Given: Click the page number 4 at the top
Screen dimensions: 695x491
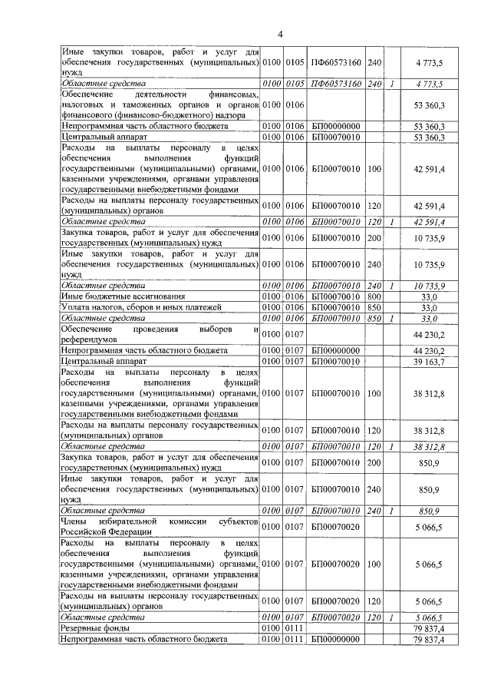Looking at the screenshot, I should pos(280,34).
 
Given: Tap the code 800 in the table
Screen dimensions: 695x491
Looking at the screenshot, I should pos(374,296).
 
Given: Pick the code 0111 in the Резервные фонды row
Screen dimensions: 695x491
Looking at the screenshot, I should pos(295,627).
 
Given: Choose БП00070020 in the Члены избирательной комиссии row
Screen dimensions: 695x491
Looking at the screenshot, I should pos(337,526).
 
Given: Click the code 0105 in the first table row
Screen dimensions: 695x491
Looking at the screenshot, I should pos(295,61).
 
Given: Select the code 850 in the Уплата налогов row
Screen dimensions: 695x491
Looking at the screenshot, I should pos(374,307).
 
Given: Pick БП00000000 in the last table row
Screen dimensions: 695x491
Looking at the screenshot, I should pos(337,638).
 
